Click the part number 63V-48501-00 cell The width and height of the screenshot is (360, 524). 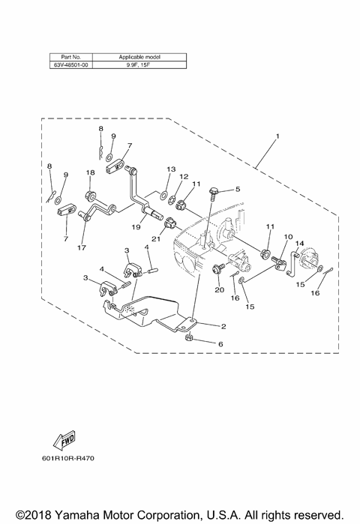(72, 64)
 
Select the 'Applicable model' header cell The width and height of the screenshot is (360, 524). (139, 57)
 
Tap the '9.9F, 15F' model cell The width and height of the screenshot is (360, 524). (139, 64)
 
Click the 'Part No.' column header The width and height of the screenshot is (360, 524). (72, 57)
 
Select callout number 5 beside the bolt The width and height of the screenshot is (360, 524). (238, 190)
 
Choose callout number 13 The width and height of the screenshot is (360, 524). (171, 169)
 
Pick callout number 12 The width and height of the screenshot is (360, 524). (182, 177)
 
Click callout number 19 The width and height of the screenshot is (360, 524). (136, 226)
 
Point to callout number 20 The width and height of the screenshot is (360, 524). (219, 289)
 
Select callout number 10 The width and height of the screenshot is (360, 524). (286, 237)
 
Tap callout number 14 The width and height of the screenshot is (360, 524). (298, 244)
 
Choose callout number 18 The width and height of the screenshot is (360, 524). (89, 173)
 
